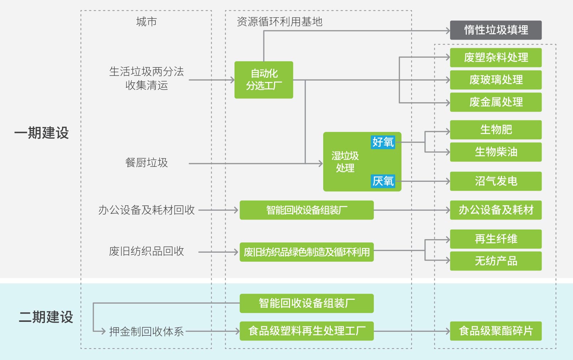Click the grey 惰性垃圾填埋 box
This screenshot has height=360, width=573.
coord(496,30)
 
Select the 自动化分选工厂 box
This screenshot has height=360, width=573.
coord(264,80)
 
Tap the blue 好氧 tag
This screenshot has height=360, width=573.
coord(383,142)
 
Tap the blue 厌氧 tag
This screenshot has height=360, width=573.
coord(383,181)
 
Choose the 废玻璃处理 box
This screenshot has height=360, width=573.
coord(496,80)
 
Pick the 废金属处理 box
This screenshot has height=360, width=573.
coord(496,102)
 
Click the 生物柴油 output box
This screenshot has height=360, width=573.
coord(496,152)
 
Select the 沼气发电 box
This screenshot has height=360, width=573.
coord(496,181)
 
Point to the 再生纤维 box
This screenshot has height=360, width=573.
coord(496,239)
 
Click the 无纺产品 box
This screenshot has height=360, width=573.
coord(496,261)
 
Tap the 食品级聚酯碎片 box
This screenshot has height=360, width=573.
coord(496,331)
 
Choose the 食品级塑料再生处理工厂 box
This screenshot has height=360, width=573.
coord(307,331)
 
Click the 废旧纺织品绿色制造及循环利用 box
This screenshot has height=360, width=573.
coord(307,252)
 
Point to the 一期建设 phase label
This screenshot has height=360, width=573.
coord(41,133)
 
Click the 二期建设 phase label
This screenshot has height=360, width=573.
coord(46,317)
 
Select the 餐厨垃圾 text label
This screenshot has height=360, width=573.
coord(146,163)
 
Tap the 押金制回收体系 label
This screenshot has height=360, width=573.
coord(146,331)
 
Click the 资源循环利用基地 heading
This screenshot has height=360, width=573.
coord(279,22)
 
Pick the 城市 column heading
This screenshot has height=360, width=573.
coord(146,22)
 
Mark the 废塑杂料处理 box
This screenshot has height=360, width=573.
coord(496,58)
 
